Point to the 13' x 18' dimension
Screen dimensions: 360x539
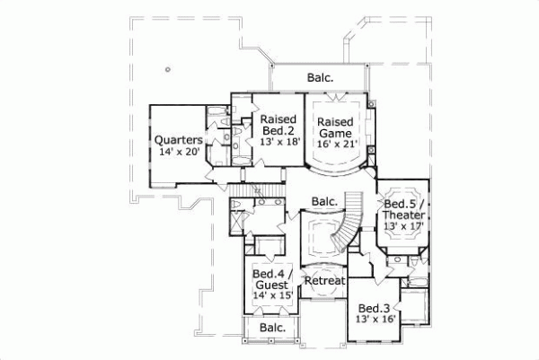pos(278,142)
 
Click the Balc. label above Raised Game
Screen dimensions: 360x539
pos(319,78)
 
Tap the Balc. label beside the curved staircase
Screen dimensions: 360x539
pos(325,202)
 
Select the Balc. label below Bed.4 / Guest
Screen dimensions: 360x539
pos(272,328)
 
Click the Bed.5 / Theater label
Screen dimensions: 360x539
pos(409,210)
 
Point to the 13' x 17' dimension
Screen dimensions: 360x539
pos(409,225)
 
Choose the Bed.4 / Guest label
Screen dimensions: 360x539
pos(271,280)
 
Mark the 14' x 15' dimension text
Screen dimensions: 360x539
pos(271,295)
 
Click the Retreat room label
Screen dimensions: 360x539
pos(324,281)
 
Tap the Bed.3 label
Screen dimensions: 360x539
pos(377,303)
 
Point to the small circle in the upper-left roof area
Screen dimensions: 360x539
pos(168,70)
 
